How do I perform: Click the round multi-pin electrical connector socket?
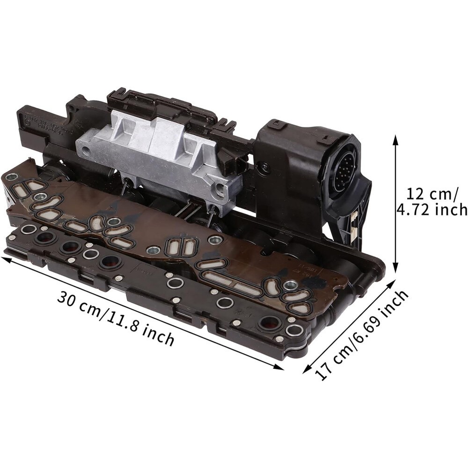(x=345, y=164)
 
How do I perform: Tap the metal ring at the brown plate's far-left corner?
(x=12, y=177)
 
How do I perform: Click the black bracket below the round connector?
(x=349, y=225)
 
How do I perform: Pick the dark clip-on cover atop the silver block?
(x=154, y=105)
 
